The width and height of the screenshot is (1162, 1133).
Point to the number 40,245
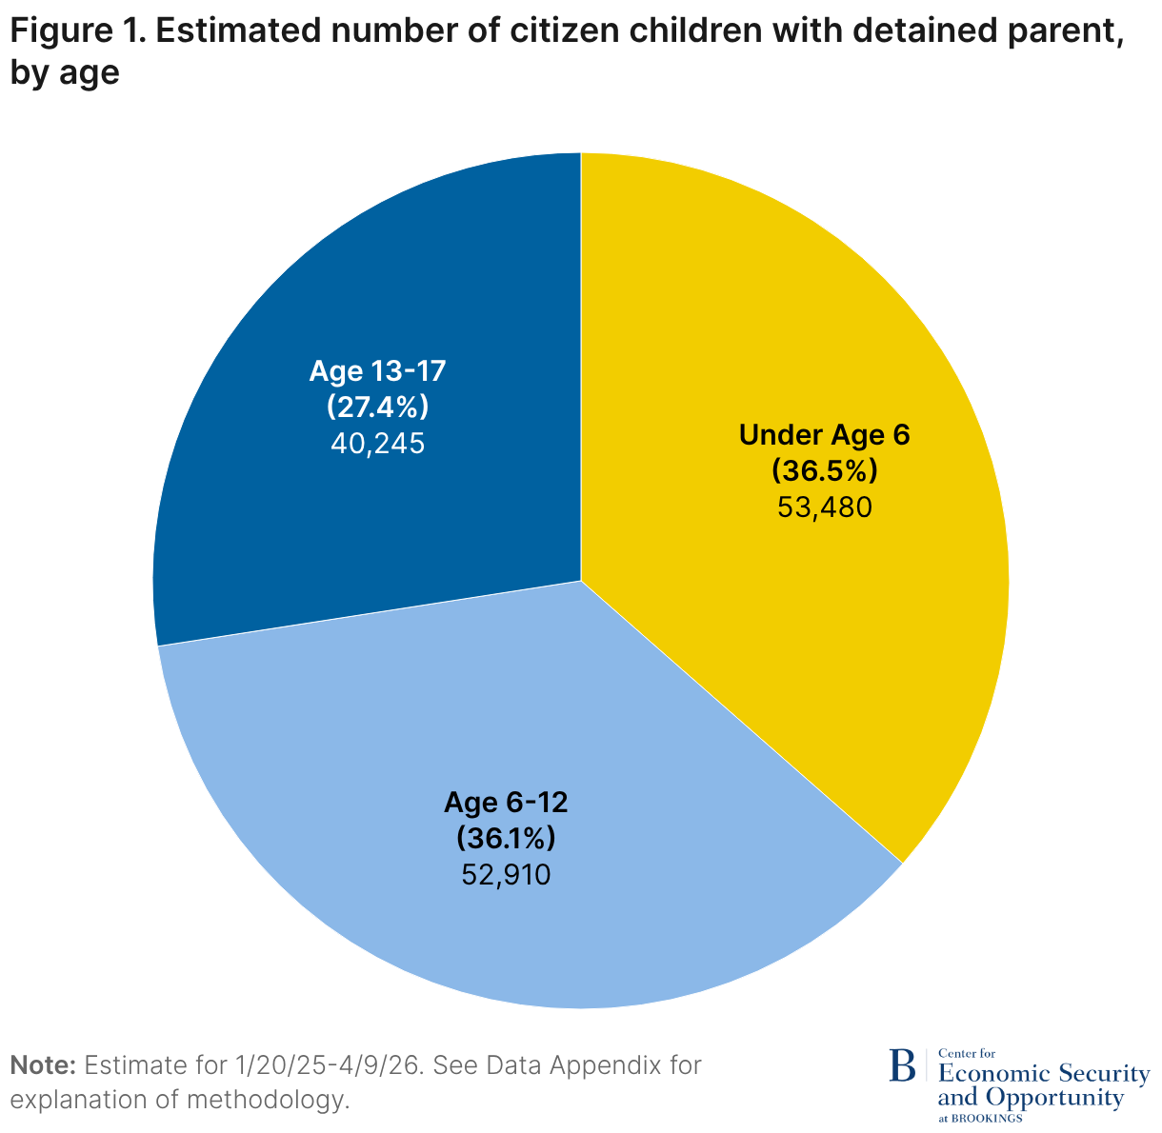377,444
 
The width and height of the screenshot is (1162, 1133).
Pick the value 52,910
506,875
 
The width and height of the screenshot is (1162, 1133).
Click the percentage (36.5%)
825,471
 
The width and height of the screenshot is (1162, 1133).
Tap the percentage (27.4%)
377,407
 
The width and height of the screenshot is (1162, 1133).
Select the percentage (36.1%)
506,838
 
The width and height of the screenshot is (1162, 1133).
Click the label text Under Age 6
825,435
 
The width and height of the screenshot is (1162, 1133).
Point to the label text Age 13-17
377,371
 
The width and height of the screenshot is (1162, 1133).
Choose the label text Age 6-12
506,803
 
